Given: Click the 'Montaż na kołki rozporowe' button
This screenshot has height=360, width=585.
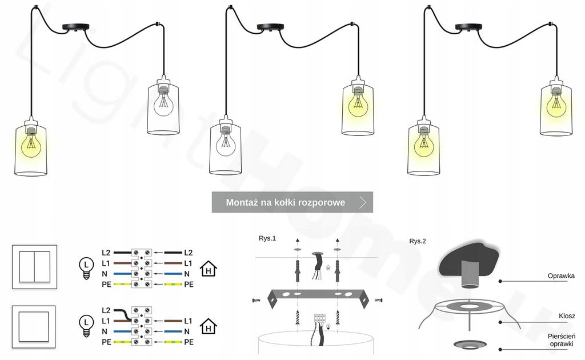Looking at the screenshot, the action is pos(292,202).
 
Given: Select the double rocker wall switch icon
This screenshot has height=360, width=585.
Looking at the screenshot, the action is pos(35,266).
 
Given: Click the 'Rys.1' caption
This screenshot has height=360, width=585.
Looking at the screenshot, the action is pos(267,238).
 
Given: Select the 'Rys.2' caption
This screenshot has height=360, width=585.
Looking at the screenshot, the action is pos(418,241).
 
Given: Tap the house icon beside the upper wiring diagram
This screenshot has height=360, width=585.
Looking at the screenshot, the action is pos(209,268).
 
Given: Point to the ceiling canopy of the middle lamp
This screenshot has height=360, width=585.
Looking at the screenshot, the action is pos(271,27).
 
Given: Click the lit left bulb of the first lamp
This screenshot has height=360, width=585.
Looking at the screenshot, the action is pos(30,145).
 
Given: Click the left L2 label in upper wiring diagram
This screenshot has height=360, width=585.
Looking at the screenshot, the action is pos(106,253).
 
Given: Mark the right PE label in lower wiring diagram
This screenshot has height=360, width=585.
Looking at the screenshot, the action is pos(189,342).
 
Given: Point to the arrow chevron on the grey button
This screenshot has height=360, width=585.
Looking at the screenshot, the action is pos(363,202).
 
